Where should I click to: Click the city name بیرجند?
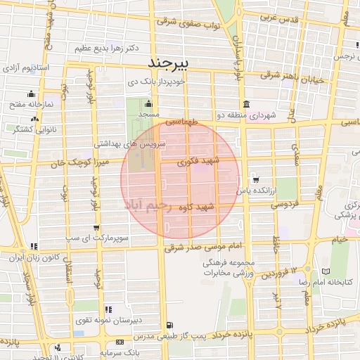[171, 64]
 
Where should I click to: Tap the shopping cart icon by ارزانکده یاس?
[254, 179]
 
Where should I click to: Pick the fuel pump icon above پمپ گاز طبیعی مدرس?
[169, 325]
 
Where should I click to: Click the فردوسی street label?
[285, 204]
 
